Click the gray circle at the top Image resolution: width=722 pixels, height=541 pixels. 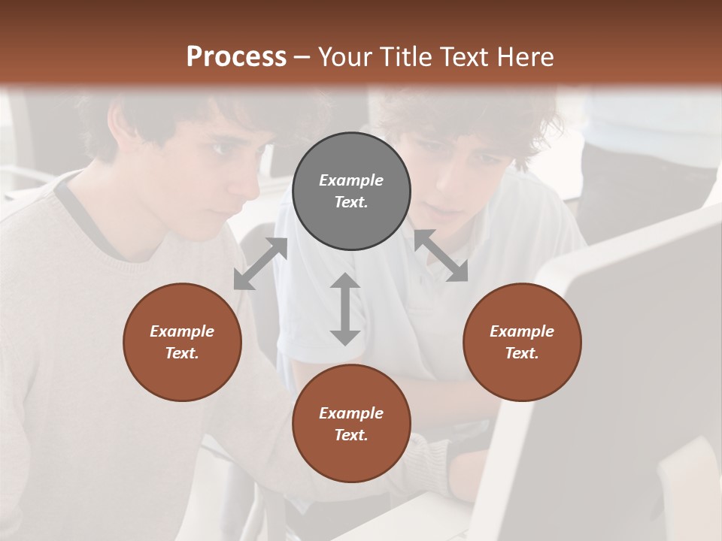point(351,192)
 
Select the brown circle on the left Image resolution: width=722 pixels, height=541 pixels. point(182,342)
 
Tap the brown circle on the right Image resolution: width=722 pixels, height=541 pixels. point(522,342)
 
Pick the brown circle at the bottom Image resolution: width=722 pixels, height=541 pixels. point(351,423)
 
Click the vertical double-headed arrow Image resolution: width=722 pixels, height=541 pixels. point(345,309)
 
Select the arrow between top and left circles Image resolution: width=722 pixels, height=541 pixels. point(260,264)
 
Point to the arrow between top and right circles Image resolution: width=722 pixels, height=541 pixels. point(441,255)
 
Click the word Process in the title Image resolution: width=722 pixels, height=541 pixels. point(236,56)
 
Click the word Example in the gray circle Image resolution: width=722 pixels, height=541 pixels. point(351,180)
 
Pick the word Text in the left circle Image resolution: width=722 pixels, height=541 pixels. point(182,353)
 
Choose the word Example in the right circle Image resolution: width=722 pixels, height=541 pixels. point(522,331)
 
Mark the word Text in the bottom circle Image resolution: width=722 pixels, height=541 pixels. point(351,435)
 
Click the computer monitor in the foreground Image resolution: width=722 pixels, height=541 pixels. point(617,361)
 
